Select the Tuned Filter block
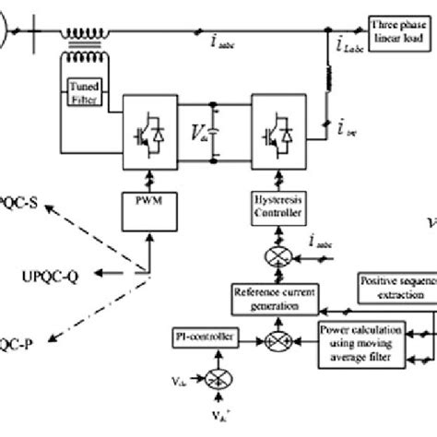click(87, 93)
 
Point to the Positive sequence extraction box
click(395, 286)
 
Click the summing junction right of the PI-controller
click(274, 340)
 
